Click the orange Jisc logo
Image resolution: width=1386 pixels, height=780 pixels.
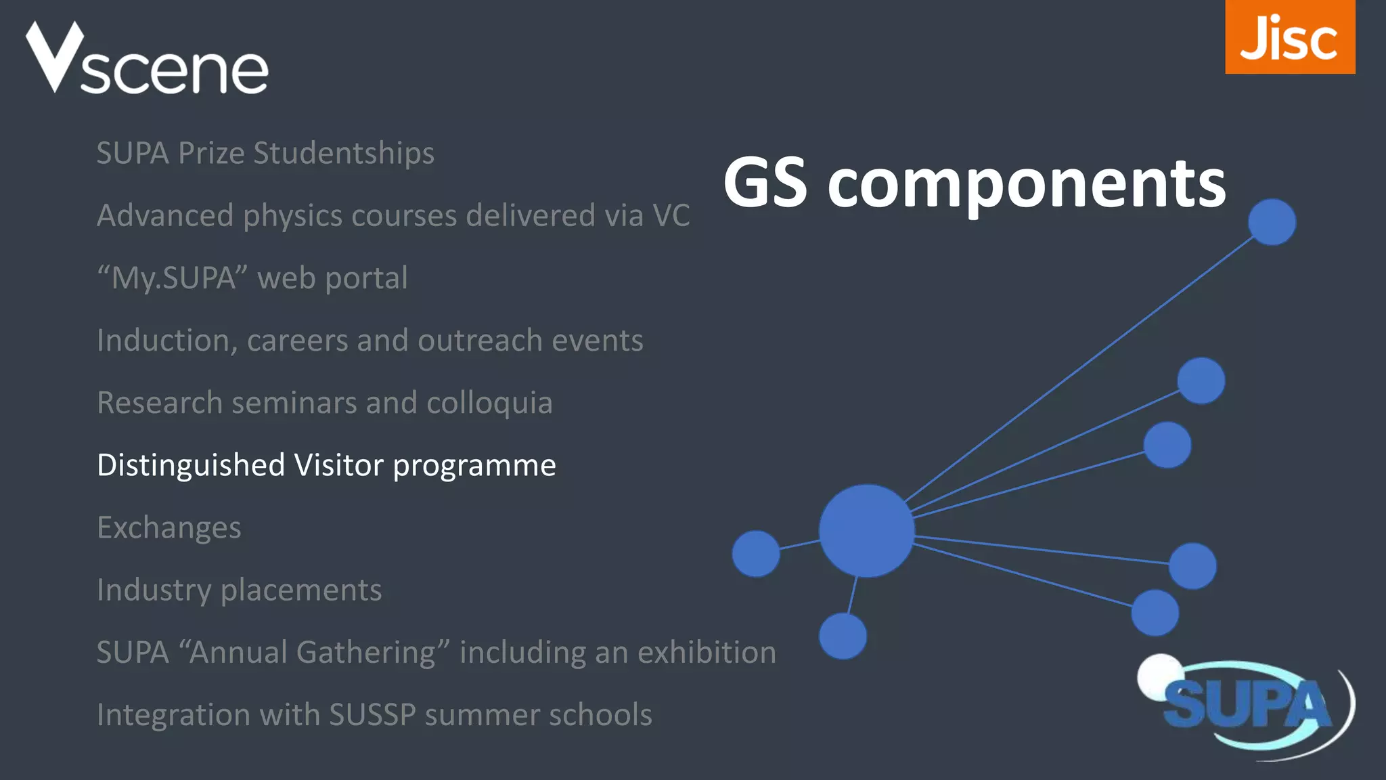pos(1289,37)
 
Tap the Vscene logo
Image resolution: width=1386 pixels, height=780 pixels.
pos(147,60)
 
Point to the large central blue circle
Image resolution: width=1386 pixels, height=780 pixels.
pos(866,530)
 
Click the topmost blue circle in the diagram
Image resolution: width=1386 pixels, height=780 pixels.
pos(1272,221)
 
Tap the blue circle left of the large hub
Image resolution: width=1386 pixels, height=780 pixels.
pos(756,553)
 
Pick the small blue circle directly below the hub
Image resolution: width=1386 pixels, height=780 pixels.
pos(843,636)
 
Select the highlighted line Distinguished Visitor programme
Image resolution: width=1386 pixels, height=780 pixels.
pos(326,465)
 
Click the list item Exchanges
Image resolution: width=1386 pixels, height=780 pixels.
pos(169,527)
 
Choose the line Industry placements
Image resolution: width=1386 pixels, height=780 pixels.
pos(239,590)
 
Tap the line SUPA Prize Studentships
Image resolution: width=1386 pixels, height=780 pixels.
pos(265,153)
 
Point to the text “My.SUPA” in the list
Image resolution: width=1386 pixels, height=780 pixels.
pos(173,278)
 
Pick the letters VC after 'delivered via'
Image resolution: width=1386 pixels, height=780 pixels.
pos(671,215)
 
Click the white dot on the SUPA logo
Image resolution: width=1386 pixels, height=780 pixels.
pos(1159,674)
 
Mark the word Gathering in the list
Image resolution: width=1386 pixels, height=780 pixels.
pos(372,653)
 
